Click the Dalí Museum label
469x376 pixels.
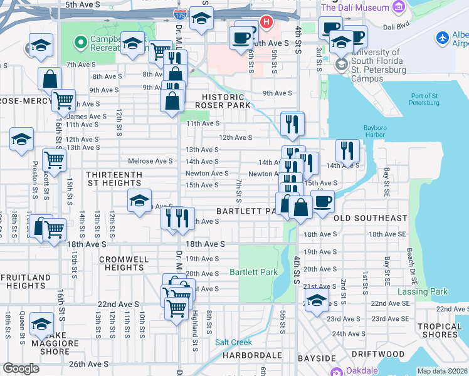click(354, 8)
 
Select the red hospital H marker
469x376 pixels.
click(266, 23)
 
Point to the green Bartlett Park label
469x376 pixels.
click(253, 273)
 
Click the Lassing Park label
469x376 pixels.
click(423, 291)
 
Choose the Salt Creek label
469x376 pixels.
click(233, 342)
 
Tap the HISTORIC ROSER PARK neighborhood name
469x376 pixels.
click(223, 102)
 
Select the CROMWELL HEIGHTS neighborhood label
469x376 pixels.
click(124, 263)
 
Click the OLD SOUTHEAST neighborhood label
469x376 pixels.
click(371, 218)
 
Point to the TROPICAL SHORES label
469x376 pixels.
click(440, 330)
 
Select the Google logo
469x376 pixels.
click(21, 368)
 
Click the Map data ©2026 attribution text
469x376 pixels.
click(442, 371)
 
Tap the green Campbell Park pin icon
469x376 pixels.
click(80, 43)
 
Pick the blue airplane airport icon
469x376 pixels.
click(442, 38)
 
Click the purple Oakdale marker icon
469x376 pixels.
click(339, 371)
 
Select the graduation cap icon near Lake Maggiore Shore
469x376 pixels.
click(41, 324)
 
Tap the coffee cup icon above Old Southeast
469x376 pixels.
click(323, 202)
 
